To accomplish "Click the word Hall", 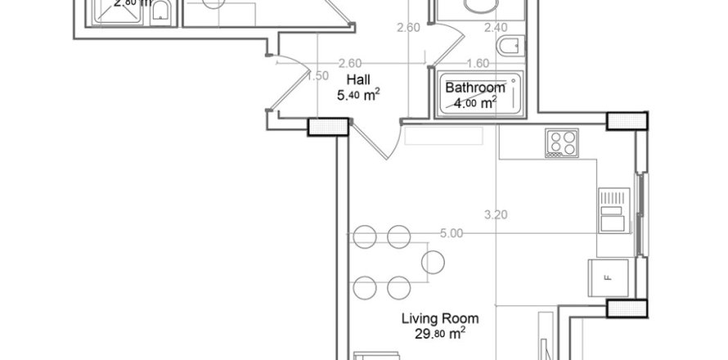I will click(358, 80).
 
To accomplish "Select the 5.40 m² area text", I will click(357, 96).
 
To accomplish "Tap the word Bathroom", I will click(474, 88).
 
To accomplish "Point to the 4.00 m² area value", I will click(474, 103).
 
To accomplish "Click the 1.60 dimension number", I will click(477, 63).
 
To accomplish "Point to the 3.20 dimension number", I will click(497, 216).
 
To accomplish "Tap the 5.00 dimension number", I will click(452, 233).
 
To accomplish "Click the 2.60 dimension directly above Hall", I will click(350, 63).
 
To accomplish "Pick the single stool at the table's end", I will click(434, 262).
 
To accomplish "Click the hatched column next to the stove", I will click(627, 122).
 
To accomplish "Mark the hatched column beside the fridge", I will click(626, 308).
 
